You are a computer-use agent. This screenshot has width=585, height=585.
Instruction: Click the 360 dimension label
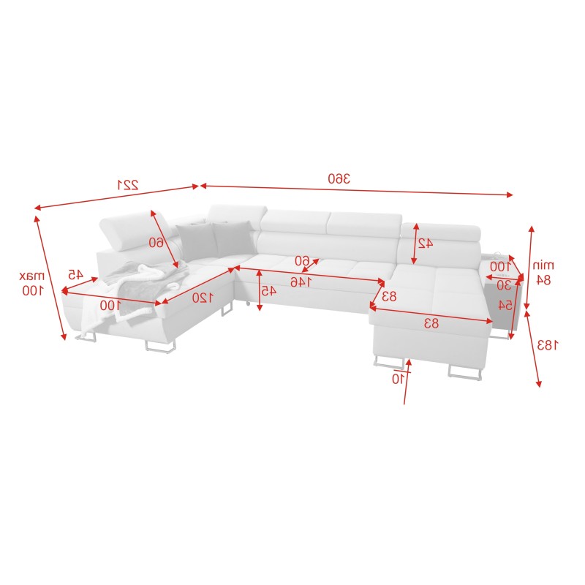[x=339, y=178]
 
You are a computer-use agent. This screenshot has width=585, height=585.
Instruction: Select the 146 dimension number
[x=299, y=281]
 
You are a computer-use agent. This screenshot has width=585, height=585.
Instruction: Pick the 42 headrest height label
[x=425, y=244]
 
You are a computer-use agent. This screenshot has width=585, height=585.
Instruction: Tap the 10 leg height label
[x=397, y=379]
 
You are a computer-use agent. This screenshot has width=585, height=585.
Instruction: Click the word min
[x=543, y=264]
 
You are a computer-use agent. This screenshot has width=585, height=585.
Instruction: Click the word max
[x=32, y=276]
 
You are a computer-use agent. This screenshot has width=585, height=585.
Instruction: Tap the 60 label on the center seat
[x=301, y=260]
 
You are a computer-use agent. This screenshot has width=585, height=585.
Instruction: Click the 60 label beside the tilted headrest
[x=156, y=242]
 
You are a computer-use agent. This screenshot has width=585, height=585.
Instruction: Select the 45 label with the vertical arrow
[x=269, y=290]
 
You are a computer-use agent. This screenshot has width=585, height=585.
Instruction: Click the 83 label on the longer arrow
[x=431, y=322]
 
